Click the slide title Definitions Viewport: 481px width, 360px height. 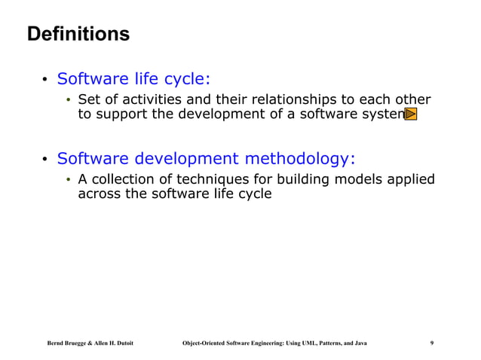(x=78, y=35)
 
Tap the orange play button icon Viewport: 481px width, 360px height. (x=411, y=114)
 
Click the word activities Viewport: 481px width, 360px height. (x=143, y=100)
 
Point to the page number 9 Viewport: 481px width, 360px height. (x=431, y=343)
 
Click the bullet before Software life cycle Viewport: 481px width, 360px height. (x=45, y=80)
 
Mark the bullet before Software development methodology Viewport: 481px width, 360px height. (x=45, y=159)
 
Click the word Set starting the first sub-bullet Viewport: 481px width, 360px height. (x=89, y=100)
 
